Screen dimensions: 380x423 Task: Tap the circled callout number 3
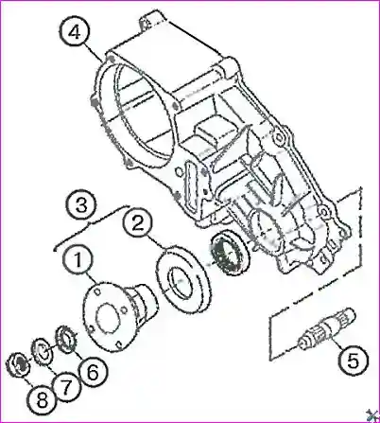tap(81, 205)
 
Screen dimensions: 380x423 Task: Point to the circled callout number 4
tap(75, 32)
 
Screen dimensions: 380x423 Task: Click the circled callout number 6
tap(93, 373)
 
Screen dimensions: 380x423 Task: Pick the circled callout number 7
tap(65, 387)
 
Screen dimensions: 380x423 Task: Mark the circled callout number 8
tap(42, 400)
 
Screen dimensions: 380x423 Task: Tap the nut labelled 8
tap(19, 364)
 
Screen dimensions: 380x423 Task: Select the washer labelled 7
tap(43, 351)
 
